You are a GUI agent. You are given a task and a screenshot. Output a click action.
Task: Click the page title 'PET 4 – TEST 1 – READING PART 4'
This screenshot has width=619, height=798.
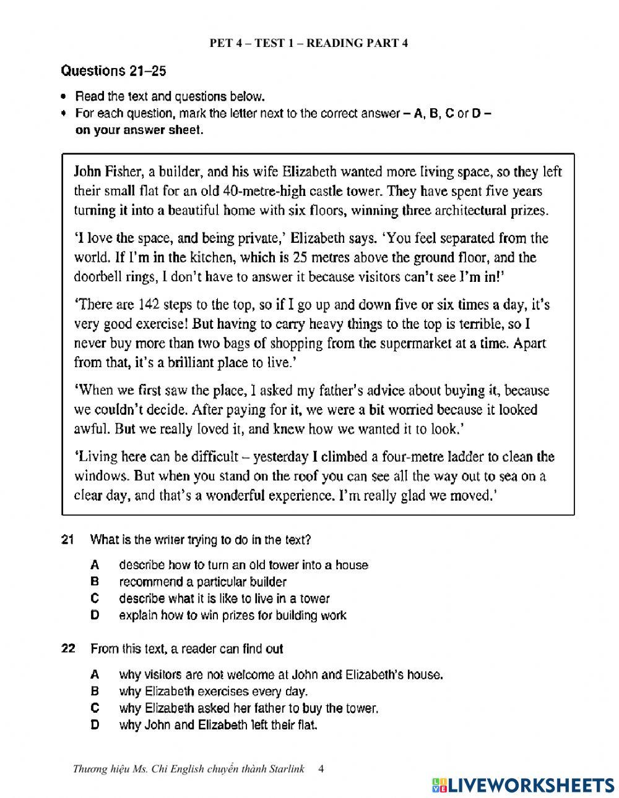(309, 43)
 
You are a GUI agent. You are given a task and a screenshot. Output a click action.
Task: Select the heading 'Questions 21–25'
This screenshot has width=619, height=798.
(113, 71)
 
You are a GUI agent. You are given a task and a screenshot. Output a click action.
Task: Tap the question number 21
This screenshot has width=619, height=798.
(68, 540)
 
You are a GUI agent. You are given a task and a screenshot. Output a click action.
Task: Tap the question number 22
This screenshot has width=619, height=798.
(68, 648)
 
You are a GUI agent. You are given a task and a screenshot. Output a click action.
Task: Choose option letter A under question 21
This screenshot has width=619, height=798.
(95, 565)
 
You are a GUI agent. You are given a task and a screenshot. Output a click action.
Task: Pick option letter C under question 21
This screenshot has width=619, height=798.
(95, 598)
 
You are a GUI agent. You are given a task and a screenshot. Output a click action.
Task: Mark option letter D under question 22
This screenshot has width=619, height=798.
(95, 724)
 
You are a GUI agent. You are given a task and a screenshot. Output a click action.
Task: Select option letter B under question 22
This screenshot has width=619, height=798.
(95, 691)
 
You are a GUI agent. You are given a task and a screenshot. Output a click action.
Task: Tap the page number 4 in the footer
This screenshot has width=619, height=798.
(320, 769)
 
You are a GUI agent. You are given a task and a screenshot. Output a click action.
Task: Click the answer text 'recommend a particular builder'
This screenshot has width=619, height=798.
(202, 582)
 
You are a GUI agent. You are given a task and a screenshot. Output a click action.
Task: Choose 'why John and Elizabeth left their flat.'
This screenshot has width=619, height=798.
(218, 724)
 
